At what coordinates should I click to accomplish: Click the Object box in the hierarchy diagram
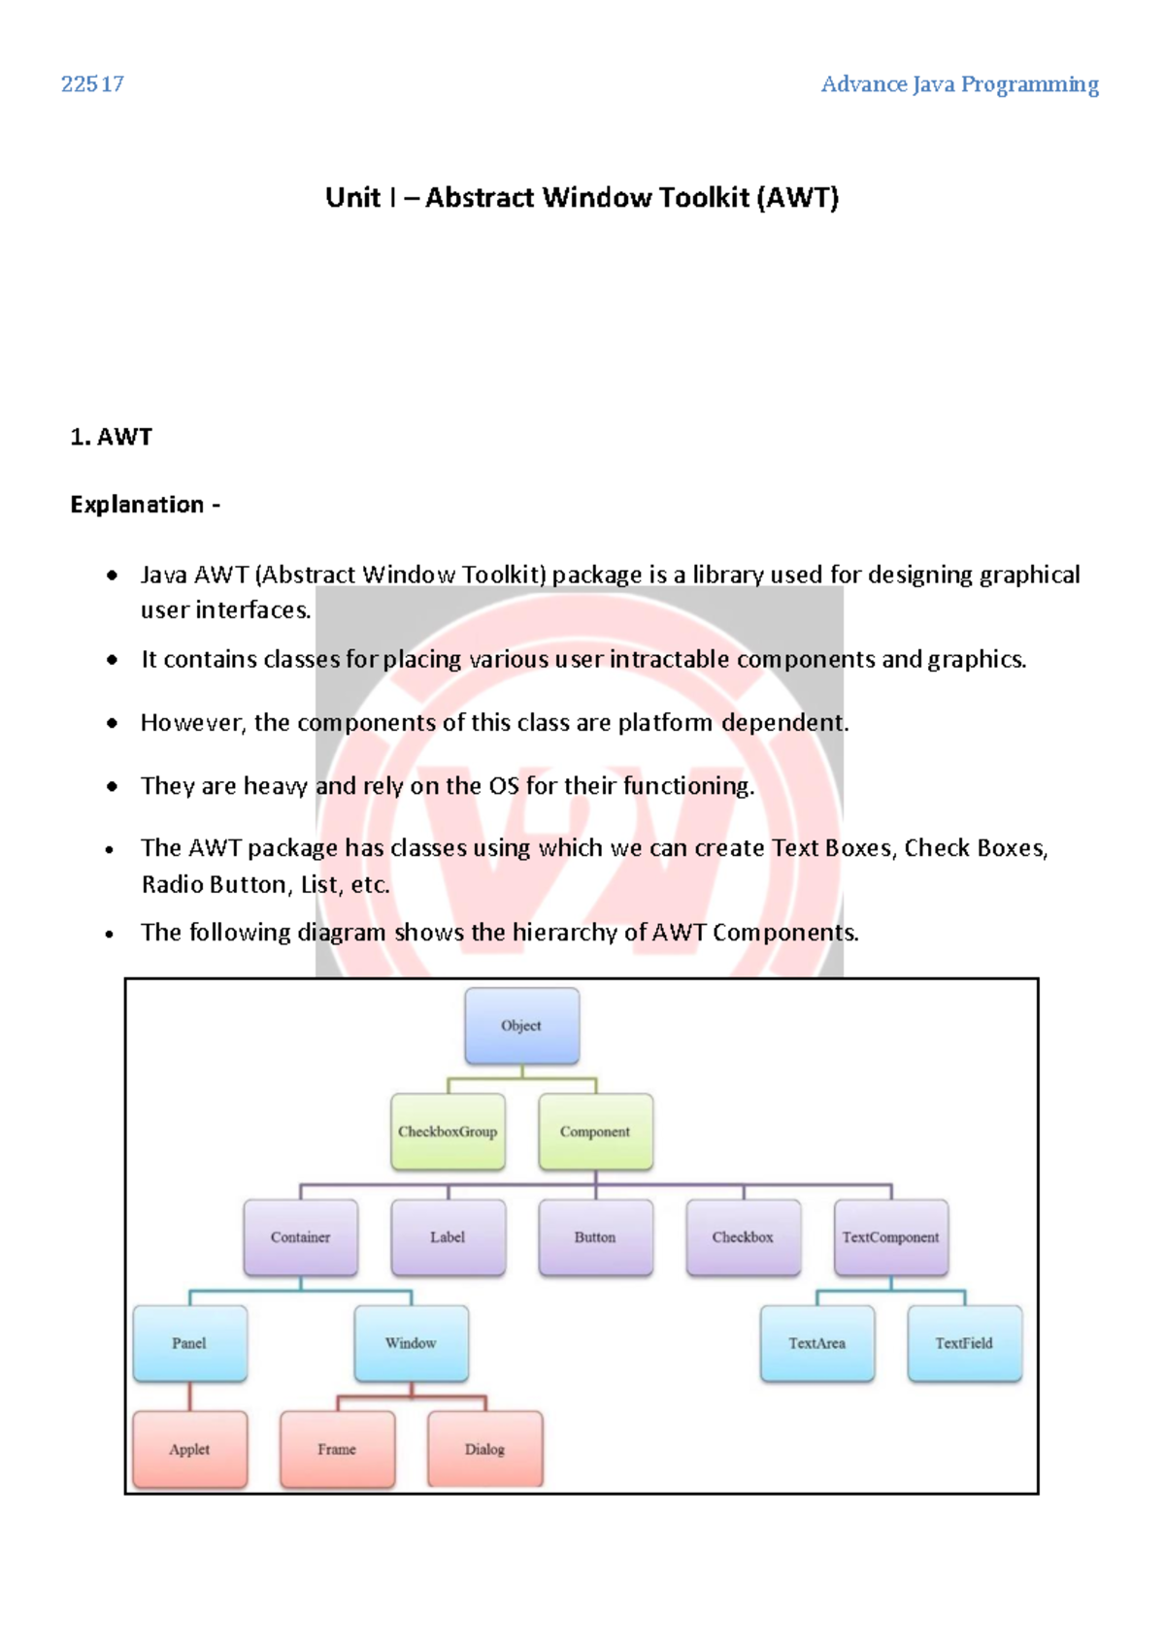[x=522, y=1026]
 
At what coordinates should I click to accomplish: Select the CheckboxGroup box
[x=448, y=1132]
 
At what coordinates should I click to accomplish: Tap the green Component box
[x=595, y=1132]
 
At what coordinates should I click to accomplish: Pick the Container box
[x=301, y=1237]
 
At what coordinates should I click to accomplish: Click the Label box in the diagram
[x=448, y=1237]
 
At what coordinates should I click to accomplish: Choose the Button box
[x=595, y=1237]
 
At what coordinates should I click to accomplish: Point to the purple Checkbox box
[x=743, y=1237]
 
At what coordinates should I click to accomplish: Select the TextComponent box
[x=890, y=1237]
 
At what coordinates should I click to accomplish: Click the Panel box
[x=189, y=1343]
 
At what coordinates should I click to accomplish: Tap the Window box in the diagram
[x=411, y=1343]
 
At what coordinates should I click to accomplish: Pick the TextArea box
[x=816, y=1343]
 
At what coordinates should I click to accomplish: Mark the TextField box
[x=964, y=1343]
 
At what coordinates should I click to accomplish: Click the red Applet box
[x=189, y=1449]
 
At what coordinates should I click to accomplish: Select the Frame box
[x=337, y=1449]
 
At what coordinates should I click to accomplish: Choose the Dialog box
[x=484, y=1449]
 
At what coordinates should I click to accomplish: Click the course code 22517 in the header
[x=92, y=84]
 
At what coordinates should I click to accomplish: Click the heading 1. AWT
[x=111, y=437]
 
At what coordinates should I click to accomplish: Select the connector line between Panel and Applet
[x=189, y=1397]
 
